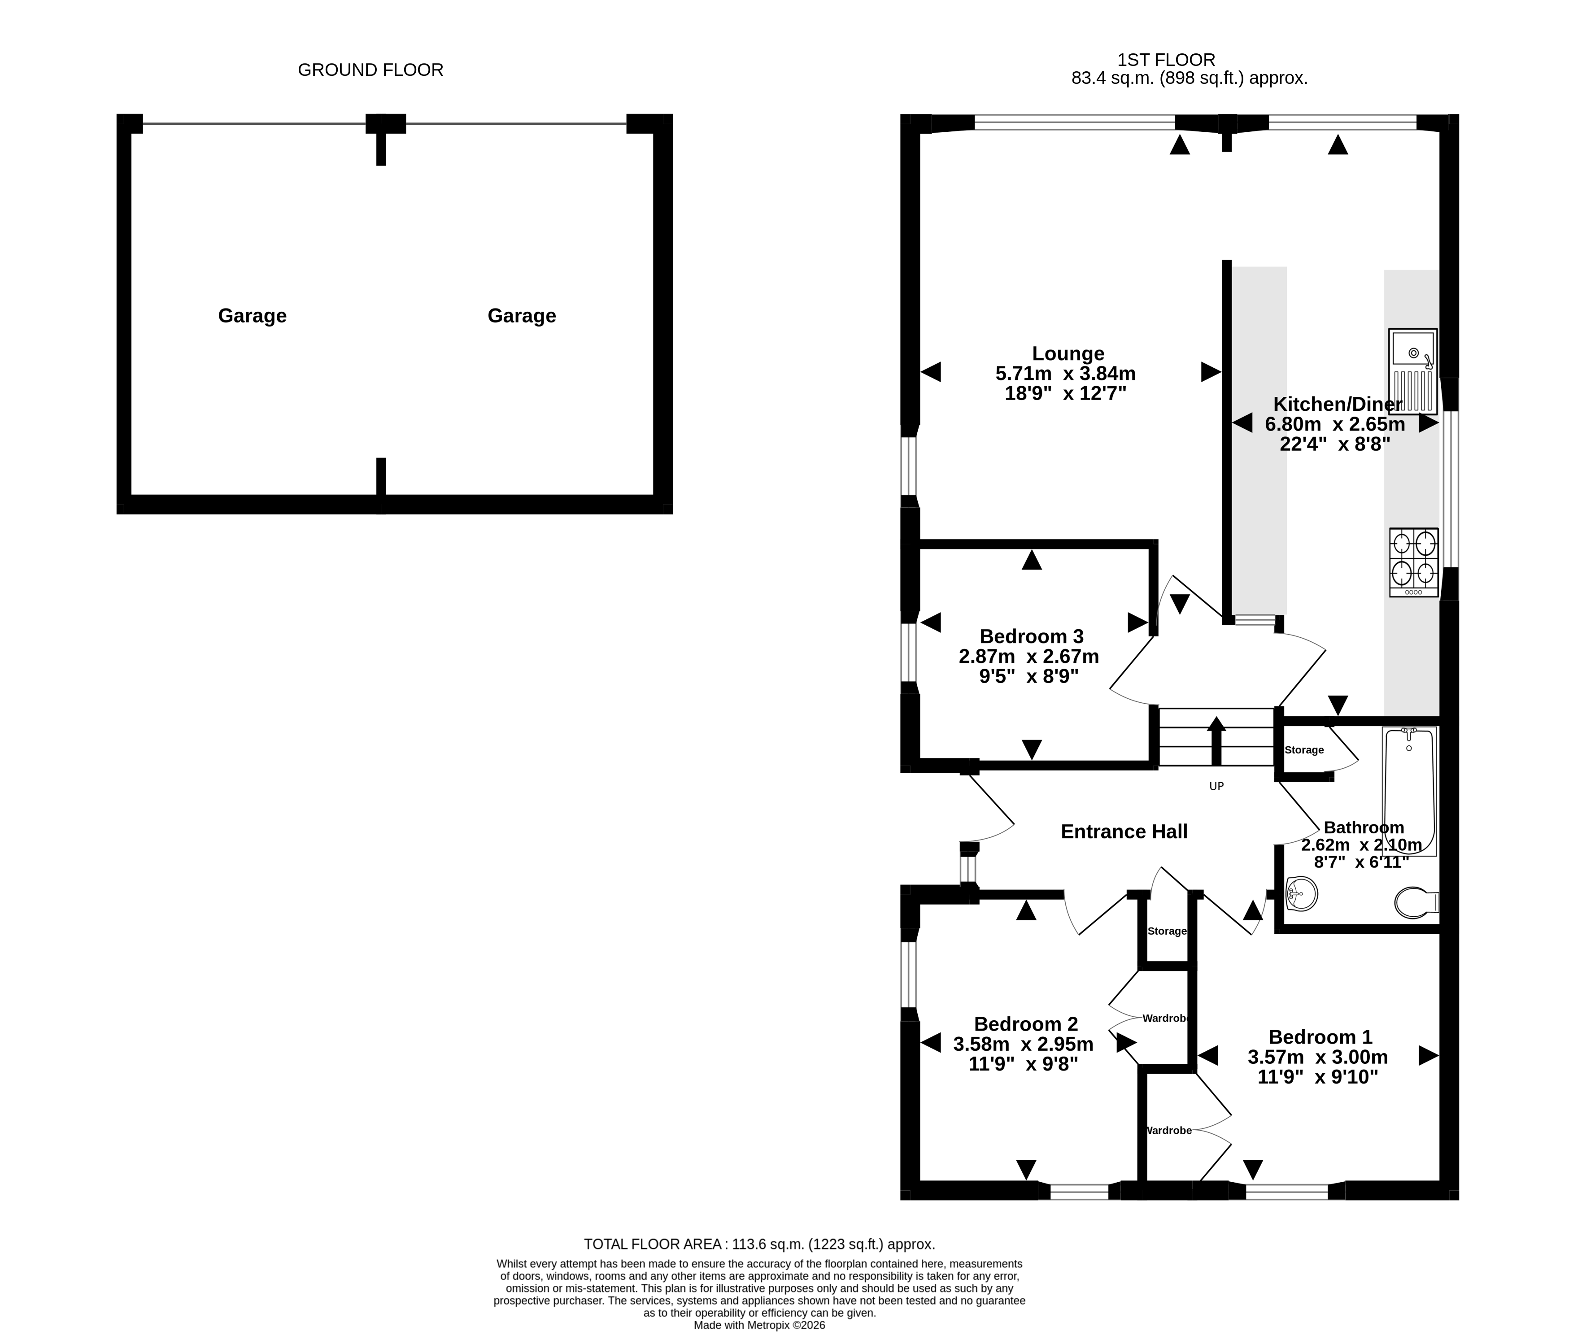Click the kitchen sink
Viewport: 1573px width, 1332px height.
click(x=1413, y=371)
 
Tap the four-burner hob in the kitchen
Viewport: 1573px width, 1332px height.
click(x=1414, y=562)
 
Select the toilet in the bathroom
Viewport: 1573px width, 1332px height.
click(x=1416, y=901)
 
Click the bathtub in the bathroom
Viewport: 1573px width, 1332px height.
click(x=1409, y=791)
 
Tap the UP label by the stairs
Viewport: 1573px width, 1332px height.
click(x=1216, y=786)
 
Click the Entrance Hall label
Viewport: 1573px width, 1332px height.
click(x=1124, y=831)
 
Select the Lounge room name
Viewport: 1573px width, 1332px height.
click(x=1068, y=353)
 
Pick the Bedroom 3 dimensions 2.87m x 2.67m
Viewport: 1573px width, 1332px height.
click(x=1028, y=656)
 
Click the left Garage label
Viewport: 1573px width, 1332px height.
click(x=252, y=316)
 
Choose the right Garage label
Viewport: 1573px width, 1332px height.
click(x=522, y=316)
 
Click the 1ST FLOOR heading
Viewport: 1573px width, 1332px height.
click(x=1167, y=60)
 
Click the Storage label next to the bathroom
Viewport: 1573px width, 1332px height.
click(x=1304, y=750)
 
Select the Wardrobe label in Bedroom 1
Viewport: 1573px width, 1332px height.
click(x=1169, y=1130)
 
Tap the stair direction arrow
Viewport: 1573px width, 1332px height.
click(x=1216, y=741)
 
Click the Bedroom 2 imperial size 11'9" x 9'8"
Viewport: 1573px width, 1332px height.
click(x=1023, y=1064)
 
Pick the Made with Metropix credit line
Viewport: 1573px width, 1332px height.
click(x=760, y=1325)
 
